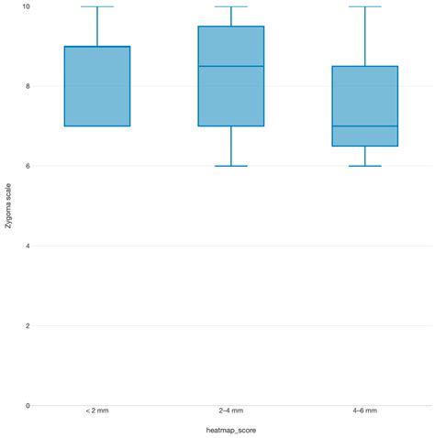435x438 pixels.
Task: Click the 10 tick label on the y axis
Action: coord(24,6)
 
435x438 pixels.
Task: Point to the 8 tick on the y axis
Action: coord(26,86)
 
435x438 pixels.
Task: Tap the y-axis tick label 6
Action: coord(26,166)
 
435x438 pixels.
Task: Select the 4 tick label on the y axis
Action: coord(26,246)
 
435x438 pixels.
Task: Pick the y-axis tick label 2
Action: coord(26,325)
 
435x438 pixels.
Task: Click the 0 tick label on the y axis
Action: coord(26,405)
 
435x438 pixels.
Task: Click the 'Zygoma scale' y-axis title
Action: coord(8,205)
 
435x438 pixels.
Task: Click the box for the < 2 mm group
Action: coord(96,86)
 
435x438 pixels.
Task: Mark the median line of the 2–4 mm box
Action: coord(230,66)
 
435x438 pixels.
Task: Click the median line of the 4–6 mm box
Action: coord(364,126)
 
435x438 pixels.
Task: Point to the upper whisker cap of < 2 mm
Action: coord(96,6)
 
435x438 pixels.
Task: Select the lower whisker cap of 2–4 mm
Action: coord(230,166)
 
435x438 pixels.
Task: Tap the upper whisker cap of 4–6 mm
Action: coord(364,6)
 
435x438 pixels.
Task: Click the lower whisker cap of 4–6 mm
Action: coord(364,166)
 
